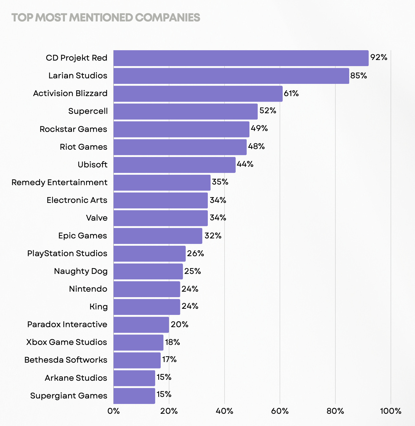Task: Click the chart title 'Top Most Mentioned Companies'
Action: pyautogui.click(x=106, y=18)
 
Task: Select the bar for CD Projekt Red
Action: pyautogui.click(x=241, y=58)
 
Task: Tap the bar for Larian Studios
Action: pyautogui.click(x=231, y=76)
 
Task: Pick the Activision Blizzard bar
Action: pyautogui.click(x=198, y=94)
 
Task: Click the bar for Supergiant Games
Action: pyautogui.click(x=134, y=396)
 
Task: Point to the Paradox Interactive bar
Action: pyautogui.click(x=141, y=325)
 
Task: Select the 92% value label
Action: pyautogui.click(x=379, y=58)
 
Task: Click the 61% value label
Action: pyautogui.click(x=291, y=93)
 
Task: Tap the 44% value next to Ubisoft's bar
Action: pyautogui.click(x=245, y=164)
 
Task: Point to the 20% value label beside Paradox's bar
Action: pyautogui.click(x=179, y=324)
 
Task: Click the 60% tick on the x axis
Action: pyautogui.click(x=280, y=411)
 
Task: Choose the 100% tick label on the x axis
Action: pyautogui.click(x=391, y=411)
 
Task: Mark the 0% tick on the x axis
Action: pyautogui.click(x=114, y=411)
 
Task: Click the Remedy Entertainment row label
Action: pyautogui.click(x=59, y=182)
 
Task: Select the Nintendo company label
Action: pyautogui.click(x=88, y=289)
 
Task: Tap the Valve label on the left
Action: pyautogui.click(x=97, y=218)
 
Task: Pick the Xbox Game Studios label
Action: pyautogui.click(x=66, y=342)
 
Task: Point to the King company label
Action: pyautogui.click(x=99, y=307)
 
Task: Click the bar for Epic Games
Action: pyautogui.click(x=158, y=236)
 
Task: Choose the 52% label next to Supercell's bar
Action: pyautogui.click(x=268, y=111)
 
